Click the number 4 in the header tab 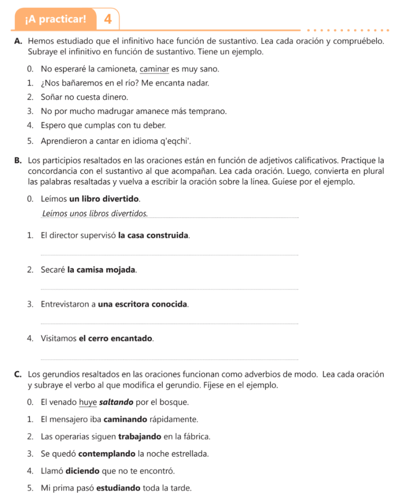[x=108, y=19]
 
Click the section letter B [x=18, y=161]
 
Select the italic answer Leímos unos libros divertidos [x=95, y=214]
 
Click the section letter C [x=18, y=375]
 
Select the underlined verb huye [x=88, y=402]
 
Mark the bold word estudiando [x=118, y=488]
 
